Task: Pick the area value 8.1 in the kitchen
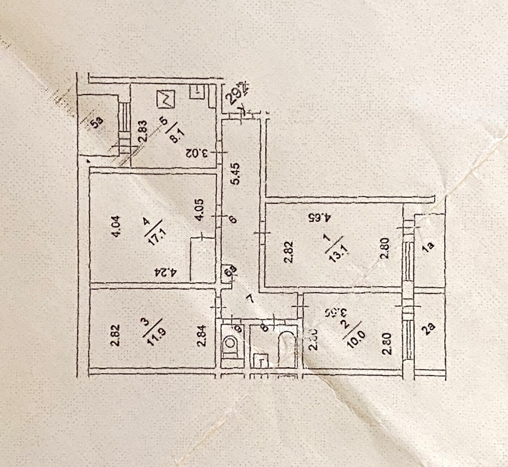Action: click(x=175, y=134)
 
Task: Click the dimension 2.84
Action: click(x=201, y=336)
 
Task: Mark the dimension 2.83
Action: click(x=142, y=131)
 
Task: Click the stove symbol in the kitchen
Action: click(x=166, y=99)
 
